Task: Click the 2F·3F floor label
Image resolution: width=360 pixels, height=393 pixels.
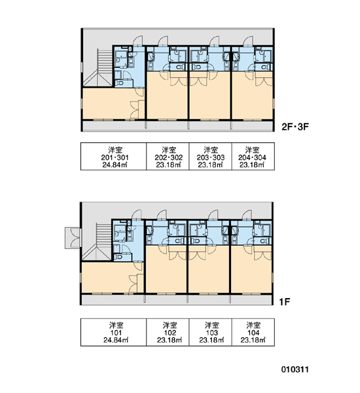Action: coord(295,127)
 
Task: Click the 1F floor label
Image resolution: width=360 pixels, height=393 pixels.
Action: coord(285,302)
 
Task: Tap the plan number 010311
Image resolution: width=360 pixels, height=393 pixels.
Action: coord(295,369)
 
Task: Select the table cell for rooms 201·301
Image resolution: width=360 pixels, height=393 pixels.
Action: coord(113,157)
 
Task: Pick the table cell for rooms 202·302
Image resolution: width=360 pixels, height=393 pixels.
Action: coord(168,157)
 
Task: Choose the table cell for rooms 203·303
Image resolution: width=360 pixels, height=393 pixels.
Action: coord(211,157)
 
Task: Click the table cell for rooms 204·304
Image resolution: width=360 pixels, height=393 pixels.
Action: coord(253,157)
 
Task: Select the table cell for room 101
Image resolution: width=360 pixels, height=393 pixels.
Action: coord(113,332)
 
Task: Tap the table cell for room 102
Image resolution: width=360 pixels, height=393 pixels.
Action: coord(168,332)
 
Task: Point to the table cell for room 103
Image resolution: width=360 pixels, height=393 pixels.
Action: coord(211,332)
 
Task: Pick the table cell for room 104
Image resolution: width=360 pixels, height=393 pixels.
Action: coord(253,332)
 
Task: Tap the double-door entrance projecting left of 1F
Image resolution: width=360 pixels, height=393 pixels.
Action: coord(73,238)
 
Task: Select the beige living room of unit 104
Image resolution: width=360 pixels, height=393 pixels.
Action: coord(251,269)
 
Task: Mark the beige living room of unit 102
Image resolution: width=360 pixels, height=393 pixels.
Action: coord(166,269)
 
